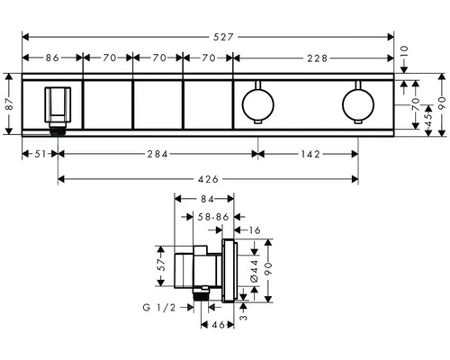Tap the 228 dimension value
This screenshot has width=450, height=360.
[315, 57]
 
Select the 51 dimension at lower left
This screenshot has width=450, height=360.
[37, 153]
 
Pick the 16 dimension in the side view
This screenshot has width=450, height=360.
[256, 230]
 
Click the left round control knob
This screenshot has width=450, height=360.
[257, 105]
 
